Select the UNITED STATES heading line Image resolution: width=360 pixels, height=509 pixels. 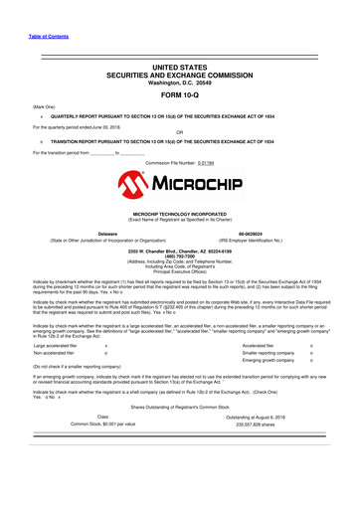180,67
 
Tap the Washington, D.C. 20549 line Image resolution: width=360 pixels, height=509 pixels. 180,83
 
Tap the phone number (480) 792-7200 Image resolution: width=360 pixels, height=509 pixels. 180,255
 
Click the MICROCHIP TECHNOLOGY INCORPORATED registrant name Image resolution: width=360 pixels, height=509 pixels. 180,214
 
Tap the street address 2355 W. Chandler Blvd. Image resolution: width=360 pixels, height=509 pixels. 180,251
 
